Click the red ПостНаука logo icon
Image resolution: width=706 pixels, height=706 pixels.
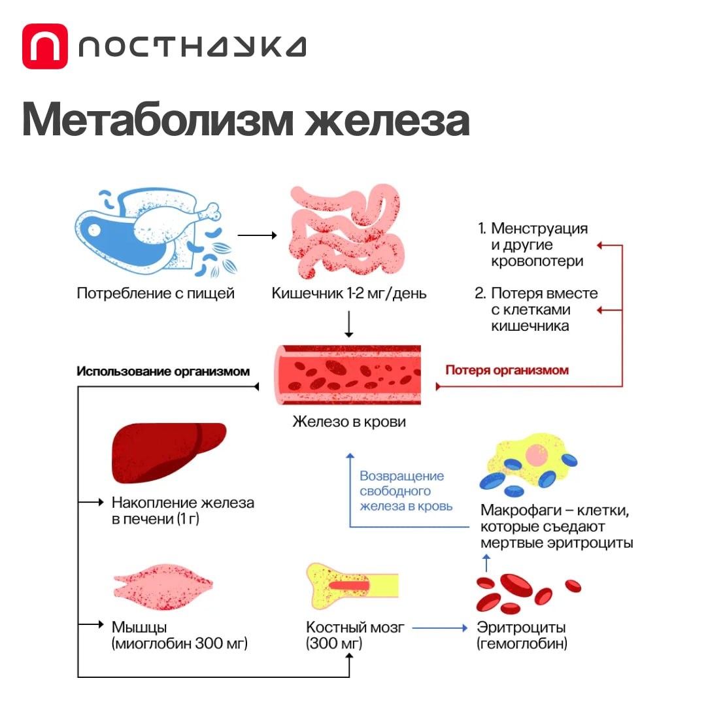(x=44, y=46)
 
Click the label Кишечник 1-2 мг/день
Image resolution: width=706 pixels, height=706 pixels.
(x=349, y=294)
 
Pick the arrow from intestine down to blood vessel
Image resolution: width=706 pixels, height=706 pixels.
(x=348, y=324)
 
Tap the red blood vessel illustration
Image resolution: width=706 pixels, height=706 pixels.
(x=348, y=375)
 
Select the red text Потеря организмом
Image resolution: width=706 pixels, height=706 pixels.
(x=507, y=370)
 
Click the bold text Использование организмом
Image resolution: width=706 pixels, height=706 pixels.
(x=163, y=371)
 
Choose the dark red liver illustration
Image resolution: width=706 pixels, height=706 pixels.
(x=168, y=451)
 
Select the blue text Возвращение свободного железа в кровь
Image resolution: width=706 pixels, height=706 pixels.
(x=405, y=491)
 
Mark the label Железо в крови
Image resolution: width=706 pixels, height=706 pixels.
(x=348, y=422)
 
